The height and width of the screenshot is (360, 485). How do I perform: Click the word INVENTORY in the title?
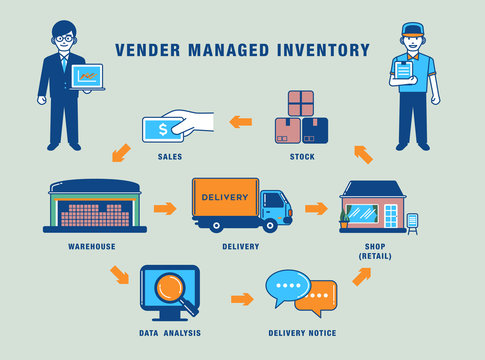pos(321,50)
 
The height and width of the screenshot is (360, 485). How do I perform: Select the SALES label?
pos(169,157)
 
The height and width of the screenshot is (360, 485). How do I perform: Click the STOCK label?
pos(301,157)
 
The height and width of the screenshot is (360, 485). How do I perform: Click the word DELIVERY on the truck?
pos(225,197)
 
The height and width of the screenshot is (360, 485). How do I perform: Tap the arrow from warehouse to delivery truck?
pos(165,209)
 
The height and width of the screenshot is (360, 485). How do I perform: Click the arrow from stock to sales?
pos(240,122)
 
